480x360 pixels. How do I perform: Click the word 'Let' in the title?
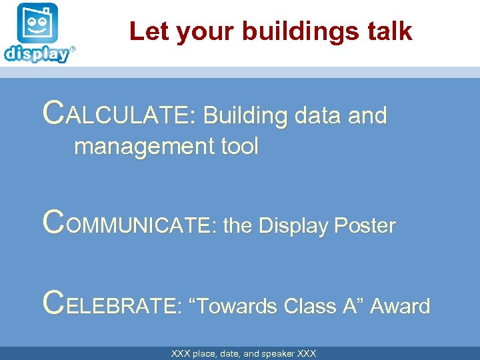145,31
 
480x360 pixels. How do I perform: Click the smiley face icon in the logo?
38,25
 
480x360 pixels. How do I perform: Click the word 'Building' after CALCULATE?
244,115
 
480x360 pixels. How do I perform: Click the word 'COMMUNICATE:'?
129,225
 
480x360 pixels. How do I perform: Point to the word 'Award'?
400,306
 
